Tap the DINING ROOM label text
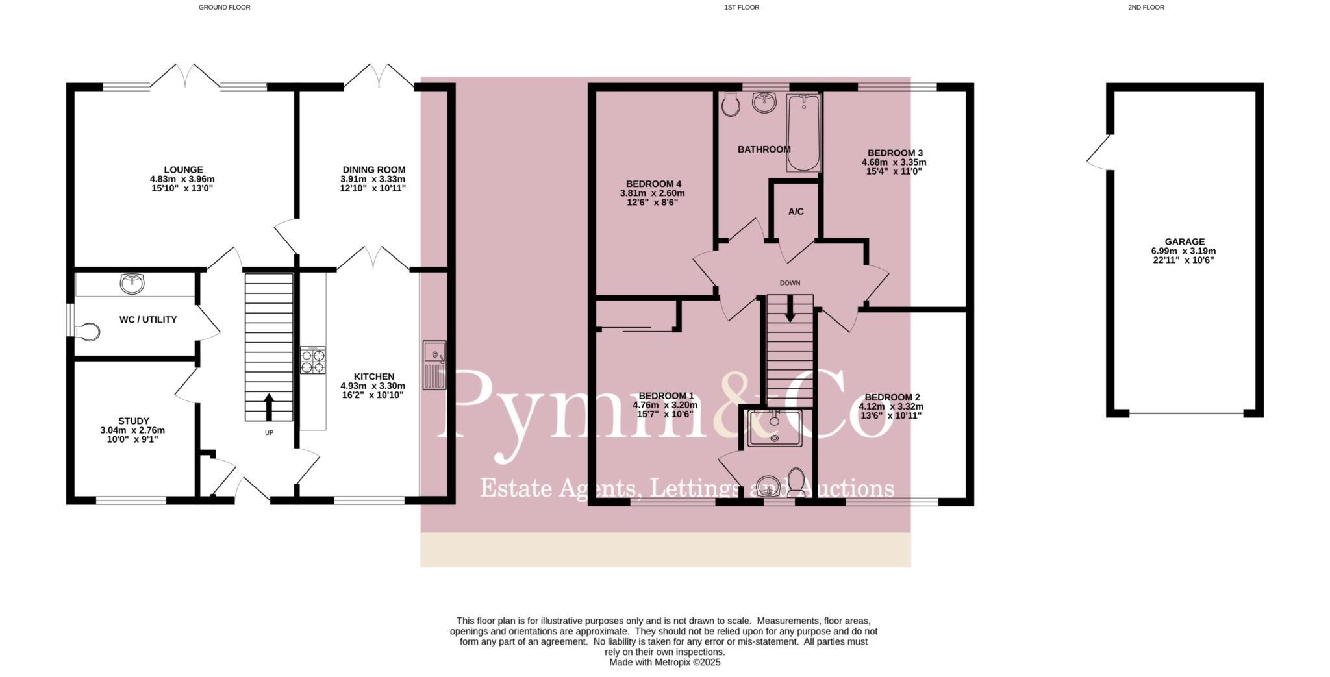tap(373, 170)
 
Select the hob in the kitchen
tap(313, 361)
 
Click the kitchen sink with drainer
tap(434, 365)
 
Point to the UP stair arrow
tap(269, 407)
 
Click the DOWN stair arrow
tap(790, 309)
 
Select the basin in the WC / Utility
tap(132, 284)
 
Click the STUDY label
tap(134, 421)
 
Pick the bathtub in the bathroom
tap(803, 133)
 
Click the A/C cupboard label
tap(796, 212)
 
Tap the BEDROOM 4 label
tap(653, 184)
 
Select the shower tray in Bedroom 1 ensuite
tap(774, 428)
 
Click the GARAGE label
tap(1184, 241)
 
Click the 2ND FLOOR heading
tap(1146, 8)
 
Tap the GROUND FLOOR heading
tap(224, 8)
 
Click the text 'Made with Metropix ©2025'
tap(664, 663)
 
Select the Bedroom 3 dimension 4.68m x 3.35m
tap(894, 162)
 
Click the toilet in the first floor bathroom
tap(731, 104)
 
